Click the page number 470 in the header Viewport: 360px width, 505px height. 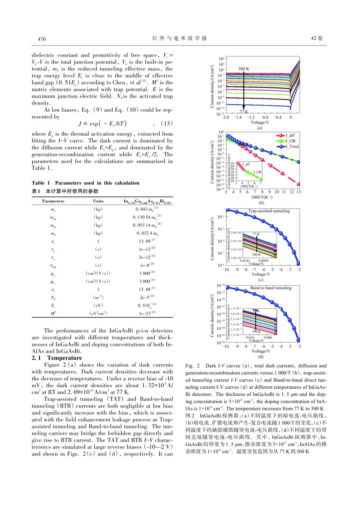(x=42, y=39)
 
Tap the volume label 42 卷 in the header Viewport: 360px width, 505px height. (x=316, y=38)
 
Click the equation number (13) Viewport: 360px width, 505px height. (x=166, y=124)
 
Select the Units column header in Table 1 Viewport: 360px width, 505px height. (x=98, y=201)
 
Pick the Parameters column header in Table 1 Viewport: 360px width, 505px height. (x=53, y=201)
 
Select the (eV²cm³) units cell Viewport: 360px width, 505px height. (x=98, y=313)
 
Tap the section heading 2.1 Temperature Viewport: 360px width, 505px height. (x=57, y=358)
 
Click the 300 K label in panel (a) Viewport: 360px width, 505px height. (x=244, y=69)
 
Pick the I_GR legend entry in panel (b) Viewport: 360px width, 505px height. (x=290, y=141)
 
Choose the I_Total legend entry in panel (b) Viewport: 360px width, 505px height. (x=292, y=146)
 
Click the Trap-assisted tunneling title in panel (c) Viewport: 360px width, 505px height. (x=269, y=211)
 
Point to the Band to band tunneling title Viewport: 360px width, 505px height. (x=271, y=288)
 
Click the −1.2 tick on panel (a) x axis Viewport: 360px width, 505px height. (x=251, y=117)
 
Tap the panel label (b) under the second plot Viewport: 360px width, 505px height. (x=261, y=203)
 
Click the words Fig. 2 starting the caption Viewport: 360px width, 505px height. (x=193, y=366)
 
